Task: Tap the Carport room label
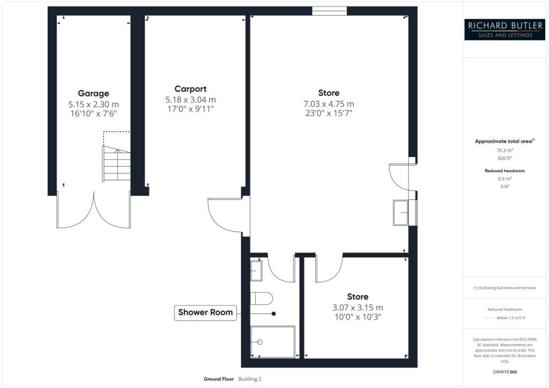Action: point(190,89)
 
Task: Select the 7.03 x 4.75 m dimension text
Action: point(328,103)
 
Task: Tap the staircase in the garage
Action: point(116,164)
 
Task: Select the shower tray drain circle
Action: point(261,342)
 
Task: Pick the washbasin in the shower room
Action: point(256,270)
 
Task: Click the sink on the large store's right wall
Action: point(402,212)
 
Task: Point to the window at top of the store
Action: point(329,10)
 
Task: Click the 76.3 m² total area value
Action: point(504,151)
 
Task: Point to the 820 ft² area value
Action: point(504,159)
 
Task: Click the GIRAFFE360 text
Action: point(504,371)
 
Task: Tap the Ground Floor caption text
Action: point(219,379)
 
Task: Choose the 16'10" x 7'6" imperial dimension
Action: point(92,114)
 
